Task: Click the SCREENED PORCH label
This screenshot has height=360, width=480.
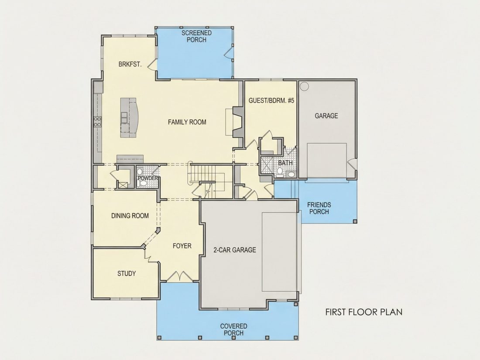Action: coord(196,36)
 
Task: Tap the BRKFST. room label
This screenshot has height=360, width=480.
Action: coord(130,64)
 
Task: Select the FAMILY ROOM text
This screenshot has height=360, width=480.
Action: coord(187,122)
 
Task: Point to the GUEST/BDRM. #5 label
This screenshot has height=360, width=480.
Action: coord(271,100)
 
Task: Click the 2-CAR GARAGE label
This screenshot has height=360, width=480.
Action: coord(234,250)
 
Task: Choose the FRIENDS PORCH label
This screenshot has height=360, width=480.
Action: coord(319,208)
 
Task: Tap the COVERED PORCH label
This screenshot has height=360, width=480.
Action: coord(233,329)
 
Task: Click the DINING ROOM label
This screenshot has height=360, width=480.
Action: coord(130,216)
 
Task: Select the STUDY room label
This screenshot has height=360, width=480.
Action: coord(127,273)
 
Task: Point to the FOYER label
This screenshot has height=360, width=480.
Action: coord(182,246)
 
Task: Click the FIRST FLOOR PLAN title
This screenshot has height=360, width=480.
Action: coord(363,312)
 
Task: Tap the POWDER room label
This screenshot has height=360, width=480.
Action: coord(147,178)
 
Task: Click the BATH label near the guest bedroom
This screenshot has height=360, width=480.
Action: coord(285,163)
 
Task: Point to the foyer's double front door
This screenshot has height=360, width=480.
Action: coord(179,276)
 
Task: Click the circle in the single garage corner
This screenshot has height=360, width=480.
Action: coord(304,86)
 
